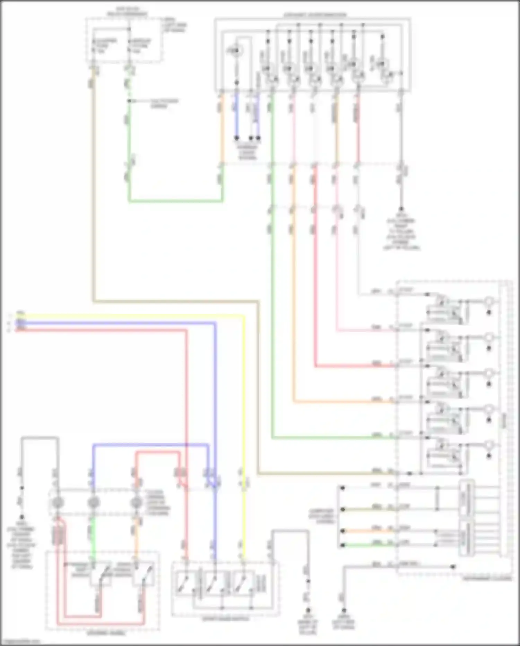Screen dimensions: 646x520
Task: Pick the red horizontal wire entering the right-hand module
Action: pyautogui.click(x=354, y=366)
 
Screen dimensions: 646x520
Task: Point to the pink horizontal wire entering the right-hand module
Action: pyautogui.click(x=364, y=330)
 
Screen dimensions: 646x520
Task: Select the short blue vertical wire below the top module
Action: pyautogui.click(x=237, y=115)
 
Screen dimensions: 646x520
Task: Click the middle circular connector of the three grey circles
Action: pyautogui.click(x=93, y=502)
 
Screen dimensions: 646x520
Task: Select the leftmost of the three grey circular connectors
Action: pyautogui.click(x=57, y=502)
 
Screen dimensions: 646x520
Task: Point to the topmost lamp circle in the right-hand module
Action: pyautogui.click(x=488, y=301)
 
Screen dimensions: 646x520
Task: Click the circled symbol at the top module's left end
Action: pyautogui.click(x=236, y=51)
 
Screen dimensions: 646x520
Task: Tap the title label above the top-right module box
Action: pyautogui.click(x=314, y=15)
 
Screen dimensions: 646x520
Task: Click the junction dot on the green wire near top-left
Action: pyautogui.click(x=129, y=101)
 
